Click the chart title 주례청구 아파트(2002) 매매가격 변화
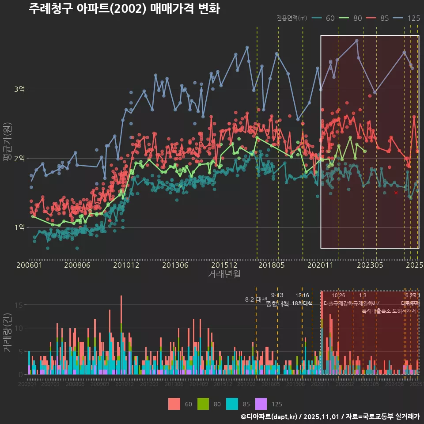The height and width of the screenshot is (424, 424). coord(124,9)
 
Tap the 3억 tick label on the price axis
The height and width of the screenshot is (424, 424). coord(19,89)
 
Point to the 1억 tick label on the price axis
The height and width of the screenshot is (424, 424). coord(19,227)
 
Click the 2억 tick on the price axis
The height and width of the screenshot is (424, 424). coord(19,158)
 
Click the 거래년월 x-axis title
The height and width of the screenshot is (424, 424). coord(224,274)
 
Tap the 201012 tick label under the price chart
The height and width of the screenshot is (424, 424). coord(126,265)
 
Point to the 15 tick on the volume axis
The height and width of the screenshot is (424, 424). coord(19,305)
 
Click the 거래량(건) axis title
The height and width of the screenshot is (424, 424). coord(7,333)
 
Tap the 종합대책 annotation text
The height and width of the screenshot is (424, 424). coord(277,304)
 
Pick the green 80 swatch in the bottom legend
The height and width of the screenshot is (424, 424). coord(203,404)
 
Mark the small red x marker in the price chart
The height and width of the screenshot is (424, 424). coord(396,193)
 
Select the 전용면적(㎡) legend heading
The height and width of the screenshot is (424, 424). coord(292,18)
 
